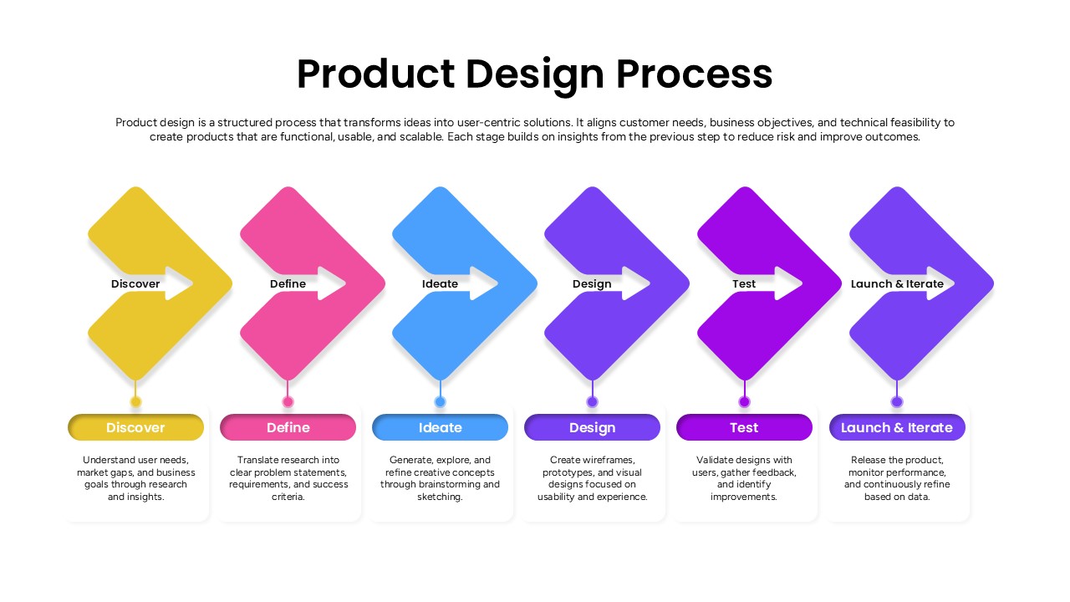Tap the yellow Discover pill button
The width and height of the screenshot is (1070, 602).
(x=135, y=427)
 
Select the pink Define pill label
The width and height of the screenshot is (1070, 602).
(x=288, y=427)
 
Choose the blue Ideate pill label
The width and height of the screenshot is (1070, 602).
(x=440, y=427)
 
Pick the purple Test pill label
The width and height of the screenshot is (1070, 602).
(x=744, y=427)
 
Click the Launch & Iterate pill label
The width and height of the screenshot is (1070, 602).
(x=897, y=427)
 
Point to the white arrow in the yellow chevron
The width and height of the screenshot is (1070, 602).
(x=178, y=283)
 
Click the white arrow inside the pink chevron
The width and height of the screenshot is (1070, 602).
(x=330, y=283)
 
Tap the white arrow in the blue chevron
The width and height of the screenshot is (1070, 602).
(x=482, y=283)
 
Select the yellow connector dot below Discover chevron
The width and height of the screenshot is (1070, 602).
(x=135, y=402)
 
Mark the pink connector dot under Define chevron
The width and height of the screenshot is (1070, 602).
(x=288, y=402)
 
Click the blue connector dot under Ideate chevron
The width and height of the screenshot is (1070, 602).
(x=440, y=402)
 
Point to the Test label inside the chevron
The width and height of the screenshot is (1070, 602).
(x=744, y=283)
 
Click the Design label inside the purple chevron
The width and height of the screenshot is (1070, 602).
(x=592, y=283)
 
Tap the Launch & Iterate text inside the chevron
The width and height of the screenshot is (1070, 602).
(x=897, y=283)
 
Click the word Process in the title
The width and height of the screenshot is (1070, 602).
(x=694, y=74)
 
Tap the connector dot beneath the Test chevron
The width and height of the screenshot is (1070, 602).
(x=744, y=402)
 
